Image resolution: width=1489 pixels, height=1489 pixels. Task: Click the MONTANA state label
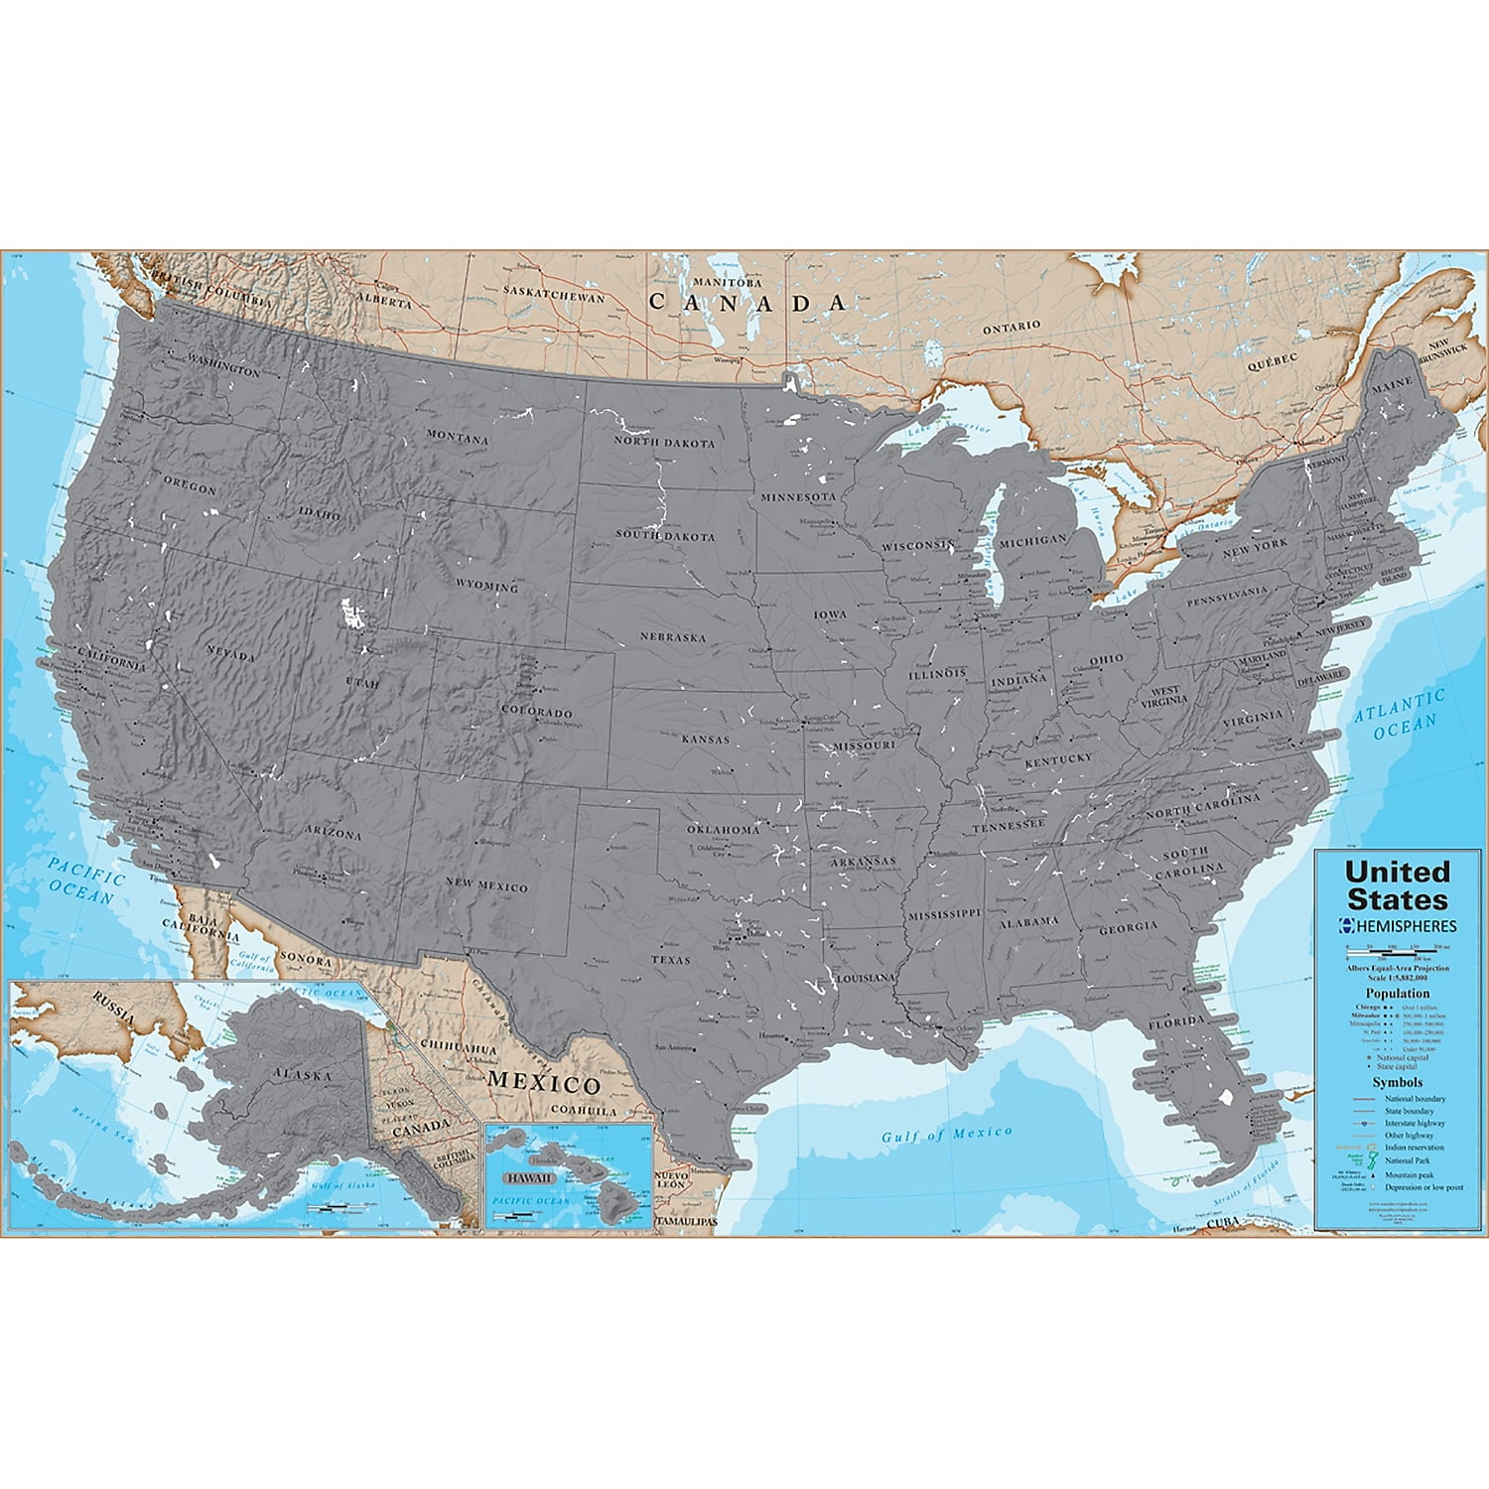pos(458,437)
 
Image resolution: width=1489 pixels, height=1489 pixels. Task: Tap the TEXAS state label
pos(671,960)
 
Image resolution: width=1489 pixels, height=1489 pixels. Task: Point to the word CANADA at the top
pos(747,303)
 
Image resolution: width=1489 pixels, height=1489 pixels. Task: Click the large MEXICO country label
pos(543,1082)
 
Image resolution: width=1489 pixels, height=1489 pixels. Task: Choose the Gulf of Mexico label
pos(947,1134)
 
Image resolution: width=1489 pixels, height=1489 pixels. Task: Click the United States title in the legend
pos(1397,885)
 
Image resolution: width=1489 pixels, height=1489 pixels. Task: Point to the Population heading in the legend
pos(1398,993)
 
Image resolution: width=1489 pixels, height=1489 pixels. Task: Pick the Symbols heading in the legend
pos(1398,1082)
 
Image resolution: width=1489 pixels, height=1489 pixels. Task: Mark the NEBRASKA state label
pos(673,637)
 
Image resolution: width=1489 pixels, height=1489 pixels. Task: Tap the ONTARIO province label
pos(1012,326)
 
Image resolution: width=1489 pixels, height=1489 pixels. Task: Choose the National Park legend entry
pos(1408,1159)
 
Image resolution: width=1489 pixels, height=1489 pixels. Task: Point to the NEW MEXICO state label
pos(486,885)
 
